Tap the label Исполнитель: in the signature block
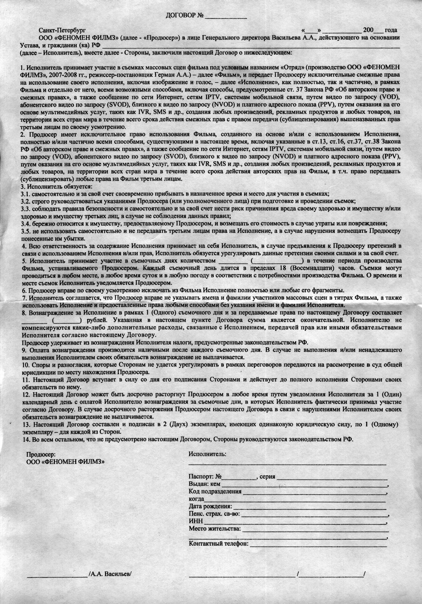coord(207,454)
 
